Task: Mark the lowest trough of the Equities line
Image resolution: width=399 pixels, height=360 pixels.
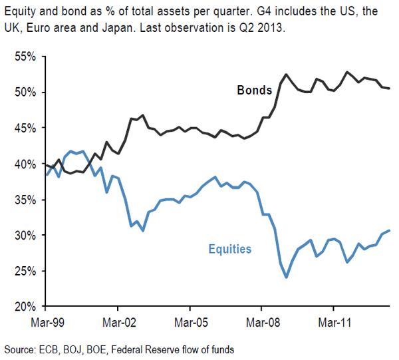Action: pos(287,277)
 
